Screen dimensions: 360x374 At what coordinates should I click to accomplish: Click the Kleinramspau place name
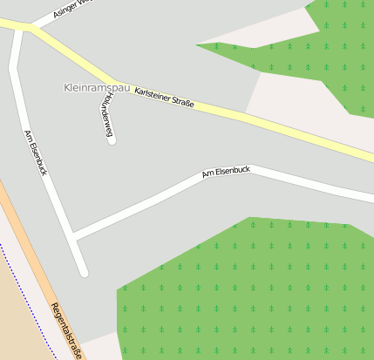click(x=98, y=88)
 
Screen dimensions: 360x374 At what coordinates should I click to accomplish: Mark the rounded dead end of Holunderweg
click(x=112, y=139)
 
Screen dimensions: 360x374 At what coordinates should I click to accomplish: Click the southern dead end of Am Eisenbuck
click(x=84, y=272)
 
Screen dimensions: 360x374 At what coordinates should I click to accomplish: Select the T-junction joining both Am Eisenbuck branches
click(x=72, y=235)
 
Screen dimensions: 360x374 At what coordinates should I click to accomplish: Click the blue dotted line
click(x=21, y=288)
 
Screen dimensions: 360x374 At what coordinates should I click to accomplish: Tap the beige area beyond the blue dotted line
click(x=13, y=331)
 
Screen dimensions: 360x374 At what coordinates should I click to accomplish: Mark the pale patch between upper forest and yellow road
click(x=288, y=96)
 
